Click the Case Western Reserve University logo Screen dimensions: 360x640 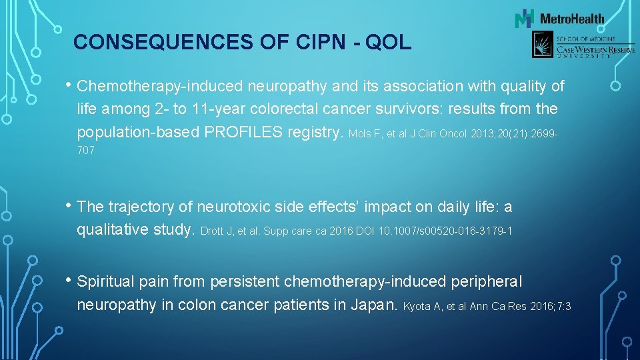click(573, 46)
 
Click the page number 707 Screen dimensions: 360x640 click(86, 151)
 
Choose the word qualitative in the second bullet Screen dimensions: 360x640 click(111, 230)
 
